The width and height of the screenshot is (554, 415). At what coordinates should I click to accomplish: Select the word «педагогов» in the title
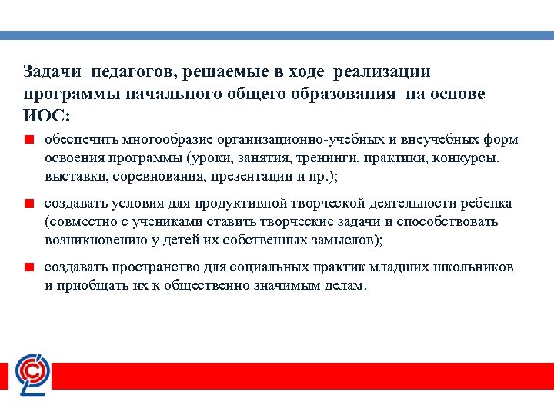click(x=128, y=72)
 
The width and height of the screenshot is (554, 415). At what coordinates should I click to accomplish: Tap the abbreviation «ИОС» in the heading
click(x=43, y=115)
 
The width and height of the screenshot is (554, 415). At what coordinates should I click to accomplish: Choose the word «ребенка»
click(x=486, y=204)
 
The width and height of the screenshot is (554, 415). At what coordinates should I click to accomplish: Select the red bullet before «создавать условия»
click(x=27, y=204)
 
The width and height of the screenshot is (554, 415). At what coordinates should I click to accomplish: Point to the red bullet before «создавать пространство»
click(x=27, y=268)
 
